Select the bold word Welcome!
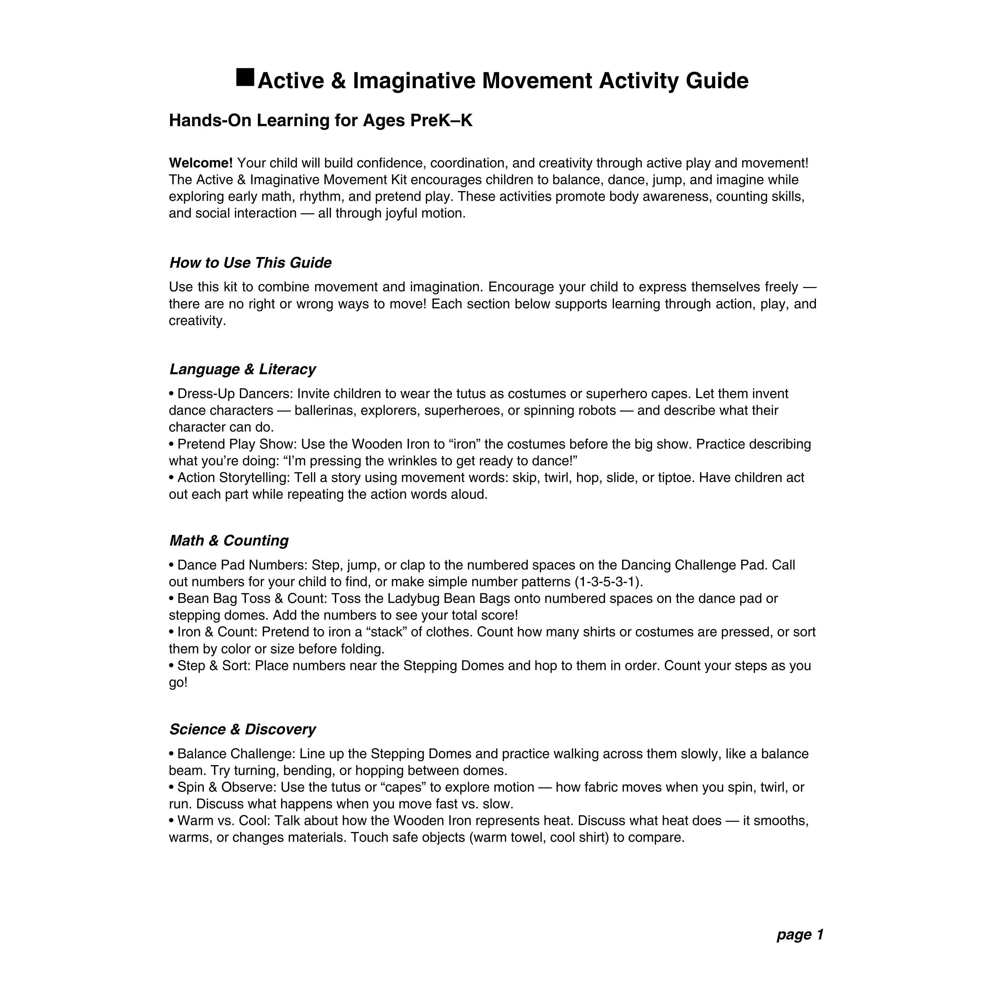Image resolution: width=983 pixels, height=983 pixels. tap(201, 163)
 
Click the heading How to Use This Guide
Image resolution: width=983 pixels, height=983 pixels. tap(250, 263)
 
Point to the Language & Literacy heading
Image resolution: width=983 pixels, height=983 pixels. tap(243, 369)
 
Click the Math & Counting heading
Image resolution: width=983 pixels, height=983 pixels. tap(229, 540)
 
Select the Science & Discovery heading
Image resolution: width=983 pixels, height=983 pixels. tap(243, 730)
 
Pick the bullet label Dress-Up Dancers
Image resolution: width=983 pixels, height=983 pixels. tap(235, 394)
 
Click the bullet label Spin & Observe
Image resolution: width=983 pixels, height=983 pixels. tap(226, 788)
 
